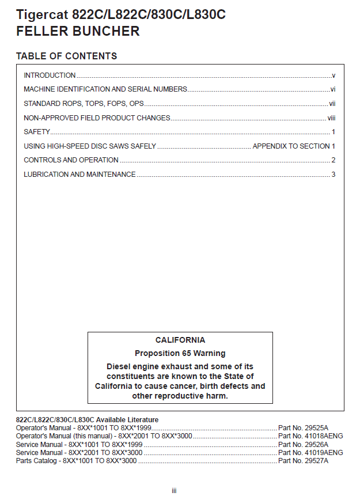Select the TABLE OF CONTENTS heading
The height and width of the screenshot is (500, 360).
pos(66,56)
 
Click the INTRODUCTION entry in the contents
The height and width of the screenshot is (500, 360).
pos(50,75)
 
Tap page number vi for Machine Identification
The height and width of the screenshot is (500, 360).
pos(333,89)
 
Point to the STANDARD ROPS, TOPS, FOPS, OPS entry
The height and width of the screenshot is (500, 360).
pos(84,104)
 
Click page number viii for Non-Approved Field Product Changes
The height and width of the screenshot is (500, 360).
pos(331,118)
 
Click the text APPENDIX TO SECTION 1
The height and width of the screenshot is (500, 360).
pos(294,146)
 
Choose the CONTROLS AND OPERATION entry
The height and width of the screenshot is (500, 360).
pos(71,160)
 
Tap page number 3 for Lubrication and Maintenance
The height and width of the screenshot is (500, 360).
pos(334,175)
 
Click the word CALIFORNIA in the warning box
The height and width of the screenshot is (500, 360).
pos(180,340)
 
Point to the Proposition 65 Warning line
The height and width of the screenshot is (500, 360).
pos(180,353)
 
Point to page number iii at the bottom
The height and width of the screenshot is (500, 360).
pos(174,490)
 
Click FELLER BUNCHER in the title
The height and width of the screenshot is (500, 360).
pos(78,31)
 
